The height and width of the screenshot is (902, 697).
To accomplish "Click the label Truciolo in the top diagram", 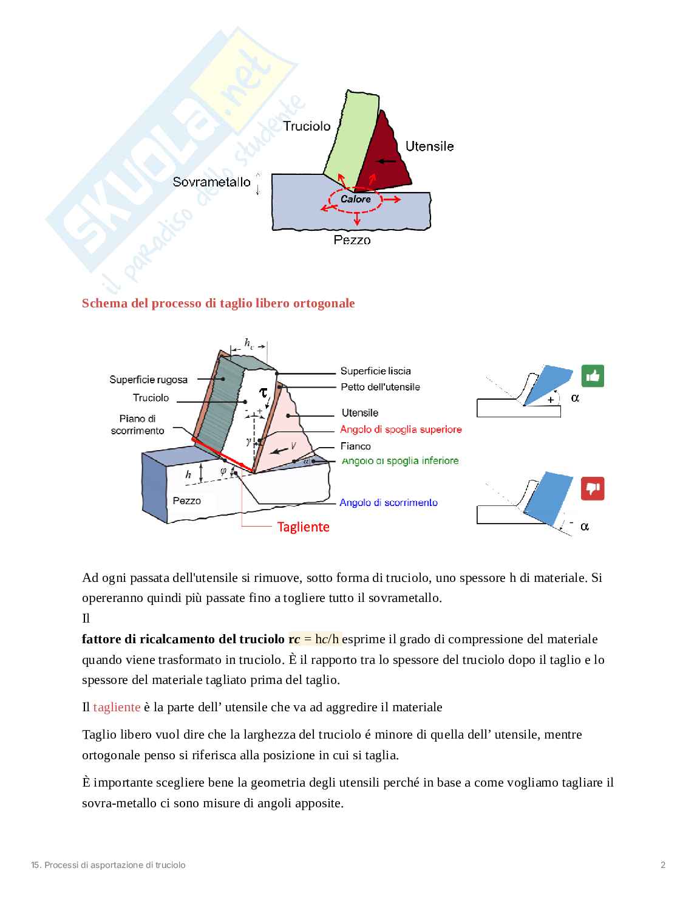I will (x=307, y=126).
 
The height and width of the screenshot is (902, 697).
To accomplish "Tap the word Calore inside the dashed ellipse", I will (x=355, y=199).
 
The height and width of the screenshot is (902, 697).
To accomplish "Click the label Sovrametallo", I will (x=211, y=182).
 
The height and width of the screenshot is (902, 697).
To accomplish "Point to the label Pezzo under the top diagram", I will (x=352, y=240).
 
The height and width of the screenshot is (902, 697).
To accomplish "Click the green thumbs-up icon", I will (x=593, y=377).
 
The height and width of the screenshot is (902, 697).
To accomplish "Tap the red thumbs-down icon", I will (x=593, y=488).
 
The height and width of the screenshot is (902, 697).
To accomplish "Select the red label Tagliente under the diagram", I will (x=303, y=527).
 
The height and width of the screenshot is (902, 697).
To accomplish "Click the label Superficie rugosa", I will (x=148, y=380).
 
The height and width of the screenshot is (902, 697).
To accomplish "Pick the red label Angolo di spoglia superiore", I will (x=401, y=429).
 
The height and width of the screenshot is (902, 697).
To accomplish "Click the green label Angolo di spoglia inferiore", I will (x=400, y=460).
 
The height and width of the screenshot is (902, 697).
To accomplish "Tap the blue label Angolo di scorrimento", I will (x=389, y=502).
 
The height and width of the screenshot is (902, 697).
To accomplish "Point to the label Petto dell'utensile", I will (x=380, y=387).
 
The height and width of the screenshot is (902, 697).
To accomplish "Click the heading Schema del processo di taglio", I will (x=218, y=303).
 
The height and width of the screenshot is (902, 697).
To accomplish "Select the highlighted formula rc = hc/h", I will (x=314, y=639).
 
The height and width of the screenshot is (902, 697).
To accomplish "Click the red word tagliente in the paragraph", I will (x=117, y=707).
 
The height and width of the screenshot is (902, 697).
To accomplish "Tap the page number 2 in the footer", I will (x=663, y=865).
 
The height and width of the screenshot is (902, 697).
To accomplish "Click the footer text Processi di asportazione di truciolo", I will (x=108, y=865).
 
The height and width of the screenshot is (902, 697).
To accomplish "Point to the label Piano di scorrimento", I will (x=138, y=425).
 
